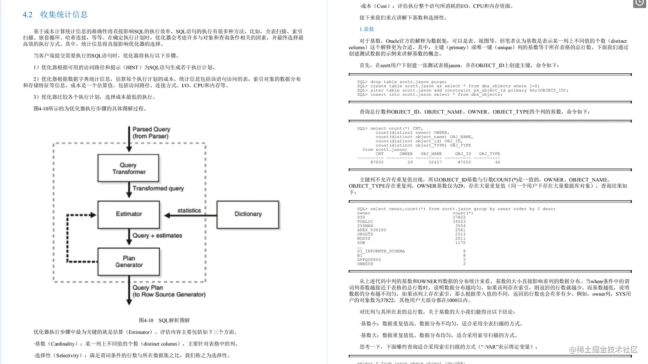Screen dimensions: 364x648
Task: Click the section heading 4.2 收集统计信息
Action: (55, 15)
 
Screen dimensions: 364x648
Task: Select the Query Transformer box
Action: (129, 168)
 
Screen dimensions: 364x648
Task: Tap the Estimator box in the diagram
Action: (129, 214)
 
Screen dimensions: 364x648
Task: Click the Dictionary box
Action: (248, 214)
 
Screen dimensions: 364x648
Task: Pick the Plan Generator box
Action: (129, 262)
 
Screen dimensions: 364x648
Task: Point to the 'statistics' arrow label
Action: (189, 211)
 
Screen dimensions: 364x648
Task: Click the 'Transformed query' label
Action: (158, 188)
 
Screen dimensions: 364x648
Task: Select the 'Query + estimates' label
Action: (157, 235)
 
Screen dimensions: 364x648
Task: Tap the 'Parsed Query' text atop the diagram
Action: (151, 129)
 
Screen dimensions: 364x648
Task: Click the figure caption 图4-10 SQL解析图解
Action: (164, 320)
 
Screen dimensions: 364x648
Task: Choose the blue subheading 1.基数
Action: (366, 29)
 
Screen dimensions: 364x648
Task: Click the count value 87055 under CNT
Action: (377, 162)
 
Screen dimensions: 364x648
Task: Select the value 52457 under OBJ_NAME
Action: (435, 162)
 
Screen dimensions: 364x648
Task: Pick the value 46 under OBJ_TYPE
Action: (497, 162)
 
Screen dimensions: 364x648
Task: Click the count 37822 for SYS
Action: (459, 217)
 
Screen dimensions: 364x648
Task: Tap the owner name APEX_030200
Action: (372, 230)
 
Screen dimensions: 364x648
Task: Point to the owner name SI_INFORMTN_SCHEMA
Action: (381, 251)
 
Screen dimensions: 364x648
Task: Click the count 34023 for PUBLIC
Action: (459, 222)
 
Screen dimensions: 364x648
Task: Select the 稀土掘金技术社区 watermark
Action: (603, 350)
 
